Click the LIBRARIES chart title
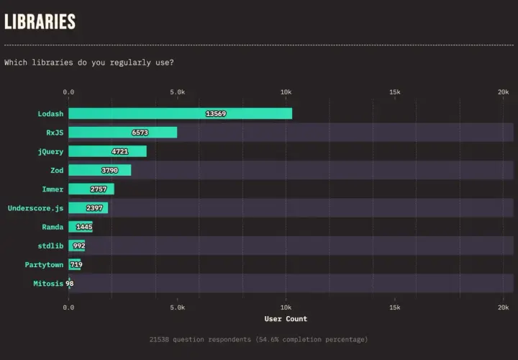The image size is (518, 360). coord(40,22)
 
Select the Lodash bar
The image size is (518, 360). coord(181,113)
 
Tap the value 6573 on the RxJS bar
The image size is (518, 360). coord(140,132)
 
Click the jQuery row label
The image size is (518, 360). coord(50,152)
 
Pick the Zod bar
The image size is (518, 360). coord(100,170)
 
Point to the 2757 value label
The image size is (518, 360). coord(99,189)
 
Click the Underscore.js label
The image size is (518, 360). coord(35,208)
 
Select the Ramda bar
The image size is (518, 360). coord(81,227)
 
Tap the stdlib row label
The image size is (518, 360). coord(50,246)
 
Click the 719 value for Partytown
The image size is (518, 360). coord(76,264)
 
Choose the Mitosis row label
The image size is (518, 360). coord(48,284)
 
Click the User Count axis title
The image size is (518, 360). coord(286,319)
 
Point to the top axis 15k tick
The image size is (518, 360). coord(395,92)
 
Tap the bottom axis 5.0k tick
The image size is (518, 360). coord(178,307)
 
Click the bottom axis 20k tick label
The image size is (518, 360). coord(504,307)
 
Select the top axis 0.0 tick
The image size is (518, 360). coord(68,92)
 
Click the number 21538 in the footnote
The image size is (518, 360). coord(158,340)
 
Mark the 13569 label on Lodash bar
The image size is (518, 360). coord(216,114)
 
